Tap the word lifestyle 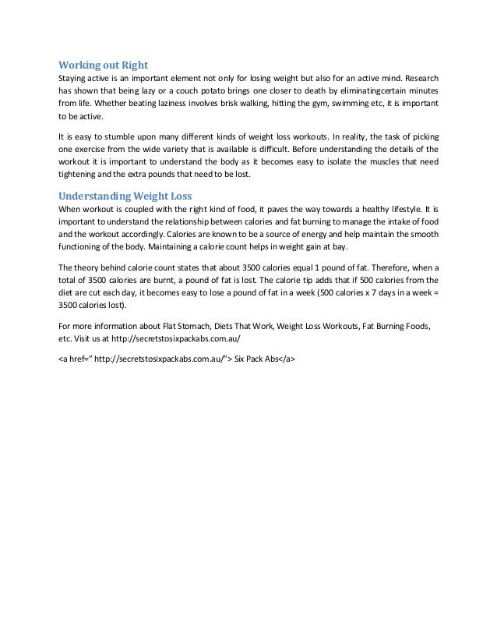[396, 211]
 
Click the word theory [89, 267]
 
